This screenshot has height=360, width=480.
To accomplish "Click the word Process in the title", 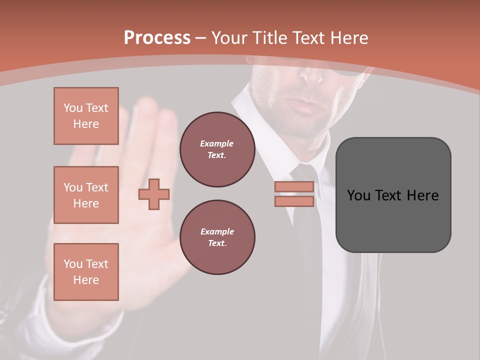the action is pyautogui.click(x=157, y=38).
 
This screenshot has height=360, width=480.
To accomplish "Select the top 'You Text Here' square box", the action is pyautogui.click(x=86, y=116).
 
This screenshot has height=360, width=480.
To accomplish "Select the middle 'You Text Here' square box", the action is pyautogui.click(x=86, y=195).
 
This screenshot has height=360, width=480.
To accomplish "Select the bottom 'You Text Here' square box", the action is pyautogui.click(x=86, y=272).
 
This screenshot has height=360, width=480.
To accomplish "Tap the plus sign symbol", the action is pyautogui.click(x=154, y=194).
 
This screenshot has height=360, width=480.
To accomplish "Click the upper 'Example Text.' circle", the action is pyautogui.click(x=217, y=149).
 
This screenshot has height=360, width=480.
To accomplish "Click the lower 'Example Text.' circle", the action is pyautogui.click(x=217, y=237).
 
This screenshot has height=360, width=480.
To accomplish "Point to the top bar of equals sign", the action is pyautogui.click(x=294, y=187).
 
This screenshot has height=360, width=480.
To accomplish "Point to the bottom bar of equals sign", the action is pyautogui.click(x=294, y=201).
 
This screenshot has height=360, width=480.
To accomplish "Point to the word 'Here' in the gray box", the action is pyautogui.click(x=422, y=195).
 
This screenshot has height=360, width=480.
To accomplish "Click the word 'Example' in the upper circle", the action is pyautogui.click(x=217, y=143).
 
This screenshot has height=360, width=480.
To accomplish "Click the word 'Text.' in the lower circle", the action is pyautogui.click(x=217, y=243).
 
